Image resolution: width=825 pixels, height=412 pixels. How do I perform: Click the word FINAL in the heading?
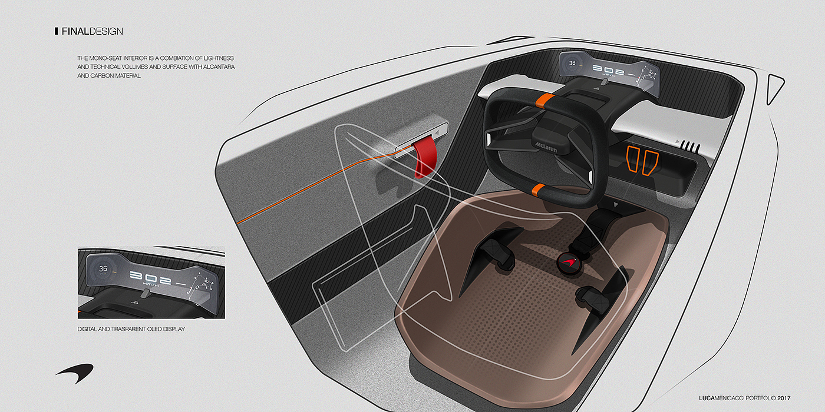click(75, 31)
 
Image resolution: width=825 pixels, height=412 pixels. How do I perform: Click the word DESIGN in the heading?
click(107, 31)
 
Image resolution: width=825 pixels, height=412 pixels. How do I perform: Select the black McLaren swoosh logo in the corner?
click(76, 371)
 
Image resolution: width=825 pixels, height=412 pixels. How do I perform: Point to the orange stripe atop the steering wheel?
click(547, 99)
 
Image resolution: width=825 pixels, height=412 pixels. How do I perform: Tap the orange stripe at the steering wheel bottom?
click(537, 189)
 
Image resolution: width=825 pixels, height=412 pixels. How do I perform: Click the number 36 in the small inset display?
click(103, 268)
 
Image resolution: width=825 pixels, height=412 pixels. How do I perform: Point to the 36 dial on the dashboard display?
click(571, 62)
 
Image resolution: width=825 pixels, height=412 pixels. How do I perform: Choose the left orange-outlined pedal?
click(633, 161)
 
